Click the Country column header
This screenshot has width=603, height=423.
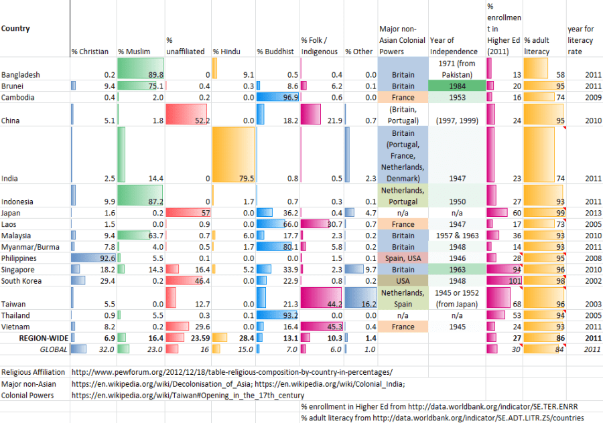click(15, 29)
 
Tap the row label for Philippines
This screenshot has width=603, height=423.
click(19, 258)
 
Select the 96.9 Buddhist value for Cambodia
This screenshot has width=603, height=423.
click(289, 98)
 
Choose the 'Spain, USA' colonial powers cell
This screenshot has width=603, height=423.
click(403, 258)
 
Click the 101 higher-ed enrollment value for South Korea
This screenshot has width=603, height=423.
click(514, 281)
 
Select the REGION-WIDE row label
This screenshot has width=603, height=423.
click(42, 338)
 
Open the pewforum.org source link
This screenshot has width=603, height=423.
click(232, 372)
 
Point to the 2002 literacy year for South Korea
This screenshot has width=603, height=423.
click(593, 281)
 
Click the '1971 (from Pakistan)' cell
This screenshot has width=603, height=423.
click(456, 69)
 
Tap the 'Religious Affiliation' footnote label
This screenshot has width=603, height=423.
click(33, 372)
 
